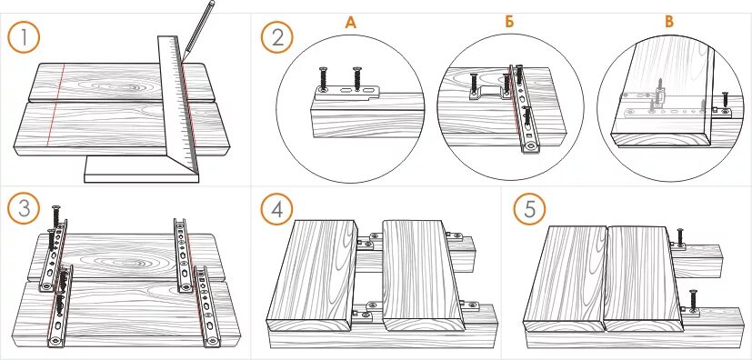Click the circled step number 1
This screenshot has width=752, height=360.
24,37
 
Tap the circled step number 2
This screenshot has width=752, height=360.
276,37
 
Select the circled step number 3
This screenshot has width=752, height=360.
24,208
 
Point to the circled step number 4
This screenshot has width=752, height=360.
276,208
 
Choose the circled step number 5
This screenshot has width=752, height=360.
529,208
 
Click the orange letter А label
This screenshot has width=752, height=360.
351,23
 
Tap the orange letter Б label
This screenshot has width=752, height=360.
509,23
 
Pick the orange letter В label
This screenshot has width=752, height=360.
669,22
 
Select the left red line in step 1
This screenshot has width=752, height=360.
55,104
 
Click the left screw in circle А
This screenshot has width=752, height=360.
323,80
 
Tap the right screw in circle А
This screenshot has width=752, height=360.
356,78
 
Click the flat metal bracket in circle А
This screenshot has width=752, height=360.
346,91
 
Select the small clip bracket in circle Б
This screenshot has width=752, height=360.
488,94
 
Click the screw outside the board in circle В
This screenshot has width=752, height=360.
725,102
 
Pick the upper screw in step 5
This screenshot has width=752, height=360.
680,236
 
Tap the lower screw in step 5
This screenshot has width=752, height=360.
693,301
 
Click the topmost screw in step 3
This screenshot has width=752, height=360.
55,215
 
